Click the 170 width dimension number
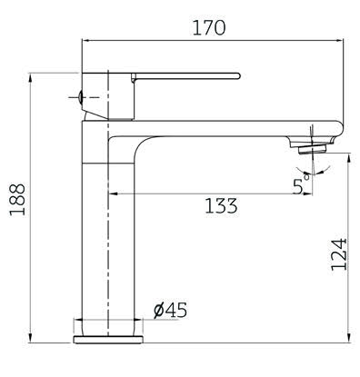click(x=209, y=27)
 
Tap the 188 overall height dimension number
click(x=17, y=200)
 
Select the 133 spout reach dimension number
click(x=221, y=205)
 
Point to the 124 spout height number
click(x=338, y=254)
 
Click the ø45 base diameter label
click(x=170, y=310)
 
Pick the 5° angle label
click(x=301, y=184)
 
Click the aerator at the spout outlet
click(x=312, y=150)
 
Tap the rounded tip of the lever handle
click(x=237, y=75)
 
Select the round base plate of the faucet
click(x=108, y=340)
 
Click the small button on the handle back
click(x=80, y=97)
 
